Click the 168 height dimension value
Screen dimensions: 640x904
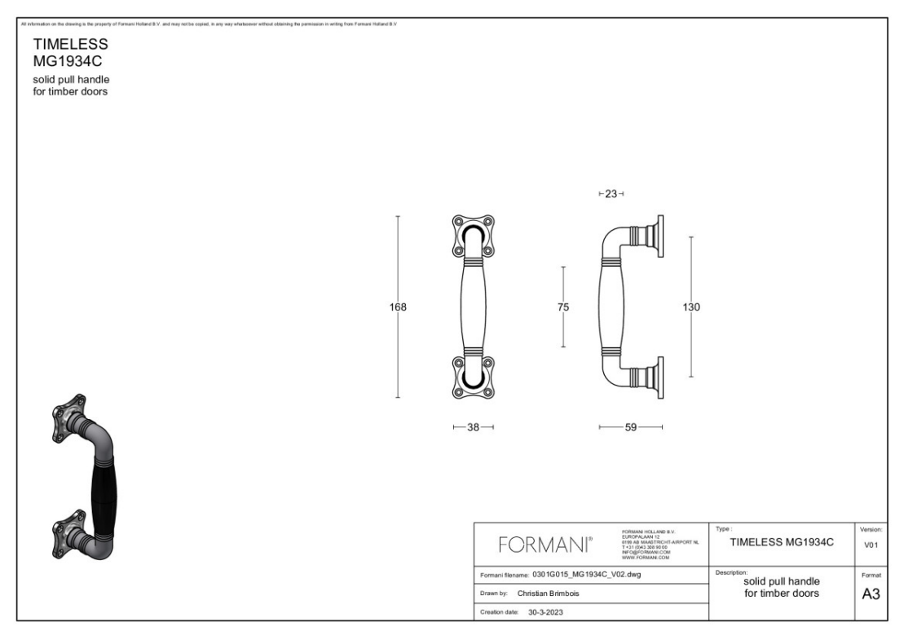399,307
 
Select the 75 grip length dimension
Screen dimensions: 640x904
563,307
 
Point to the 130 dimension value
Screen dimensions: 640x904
691,307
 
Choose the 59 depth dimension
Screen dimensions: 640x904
630,426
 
